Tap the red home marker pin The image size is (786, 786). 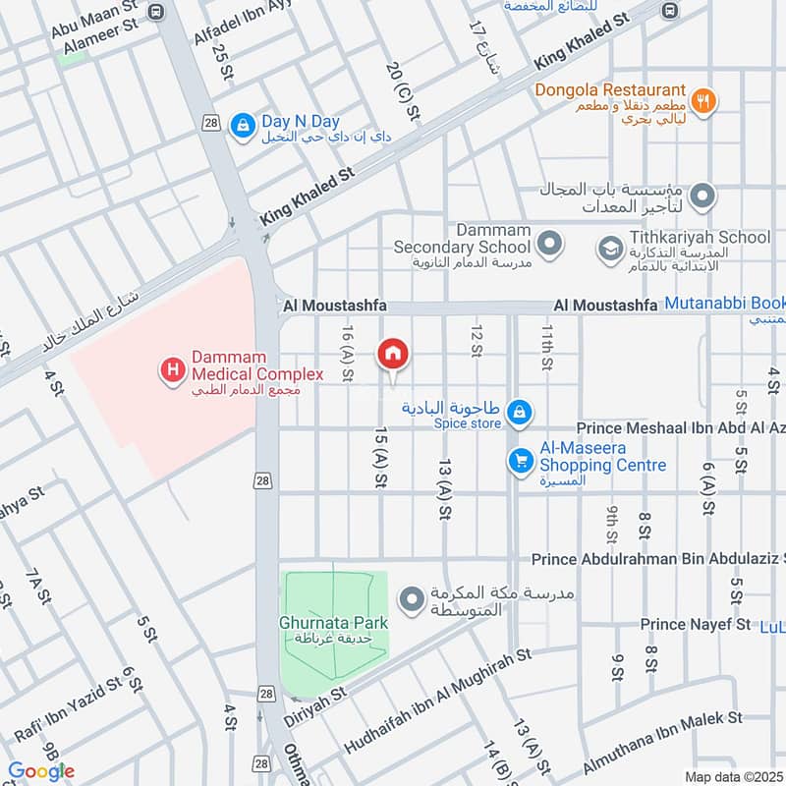[x=393, y=355]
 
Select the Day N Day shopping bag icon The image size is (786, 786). [x=241, y=124]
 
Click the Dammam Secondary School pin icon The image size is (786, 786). [x=551, y=241]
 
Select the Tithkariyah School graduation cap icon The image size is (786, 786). [x=610, y=248]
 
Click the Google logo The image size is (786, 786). [x=41, y=771]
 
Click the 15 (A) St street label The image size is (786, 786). [x=378, y=456]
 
